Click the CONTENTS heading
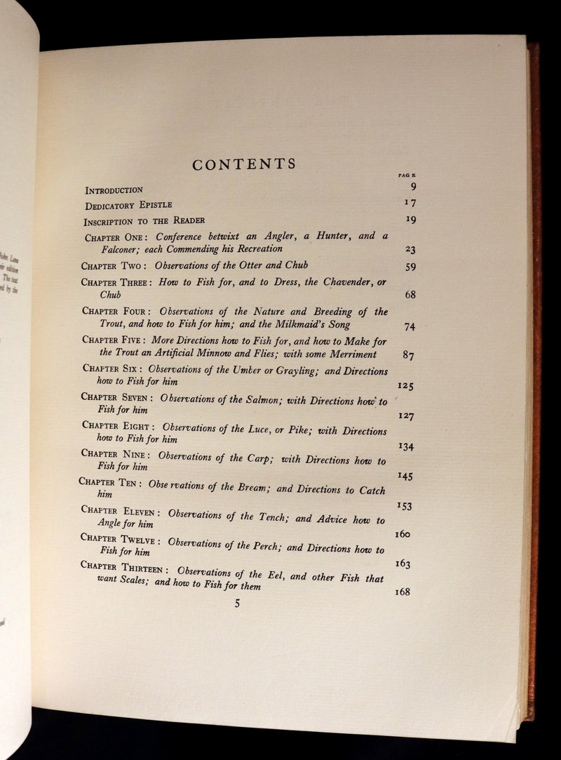point(244,165)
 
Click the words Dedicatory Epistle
point(128,205)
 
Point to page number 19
point(411,219)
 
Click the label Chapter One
point(114,237)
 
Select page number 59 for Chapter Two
point(411,267)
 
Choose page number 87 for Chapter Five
point(408,355)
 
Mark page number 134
point(405,446)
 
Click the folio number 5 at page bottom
point(237,603)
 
